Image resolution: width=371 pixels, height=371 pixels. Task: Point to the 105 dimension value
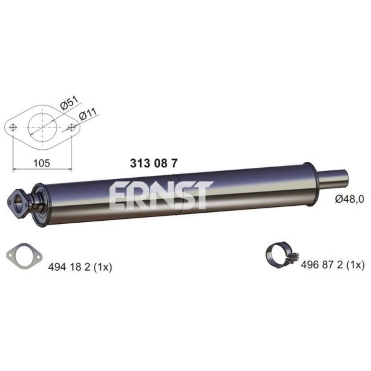pyautogui.click(x=42, y=163)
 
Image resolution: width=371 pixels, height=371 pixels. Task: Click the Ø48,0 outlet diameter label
pyautogui.click(x=349, y=199)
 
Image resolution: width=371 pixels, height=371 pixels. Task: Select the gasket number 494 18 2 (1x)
pyautogui.click(x=80, y=267)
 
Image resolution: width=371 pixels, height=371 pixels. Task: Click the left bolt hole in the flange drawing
pyautogui.click(x=13, y=127)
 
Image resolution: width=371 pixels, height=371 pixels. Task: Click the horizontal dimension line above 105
pyautogui.click(x=43, y=169)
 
